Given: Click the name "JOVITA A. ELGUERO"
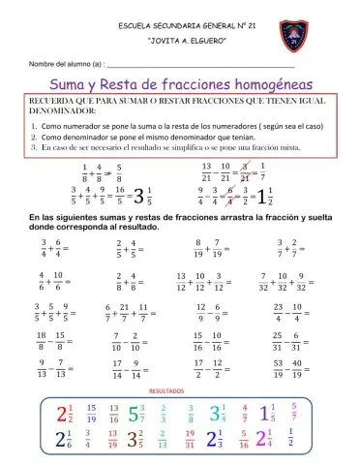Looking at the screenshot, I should pyautogui.click(x=180, y=44).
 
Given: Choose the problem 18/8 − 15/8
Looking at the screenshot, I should pyautogui.click(x=51, y=342).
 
